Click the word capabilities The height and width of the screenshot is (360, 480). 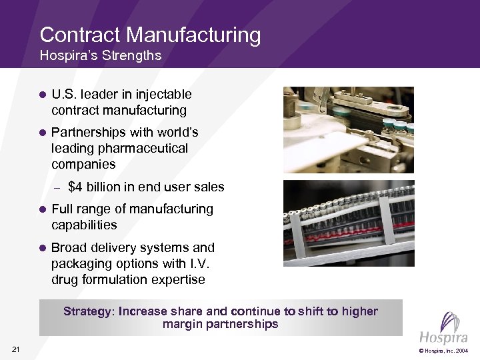tap(84, 225)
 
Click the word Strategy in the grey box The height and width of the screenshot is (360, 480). tap(89, 311)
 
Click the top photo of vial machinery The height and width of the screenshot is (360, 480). tap(348, 130)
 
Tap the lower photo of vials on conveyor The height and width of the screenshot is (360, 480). tap(348, 223)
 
